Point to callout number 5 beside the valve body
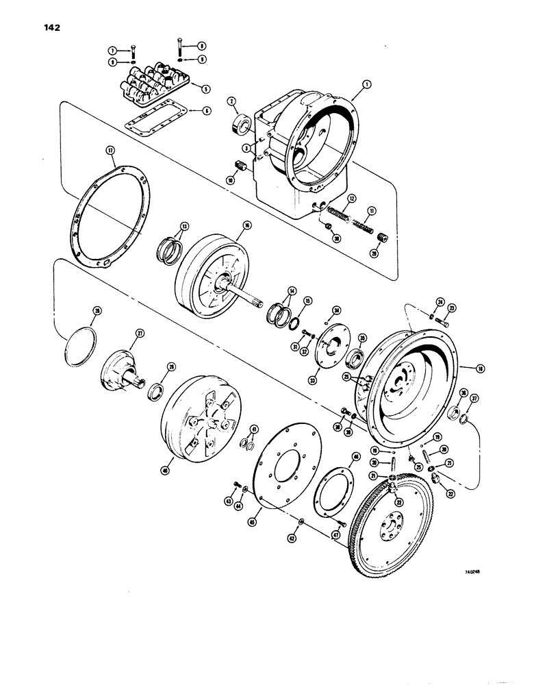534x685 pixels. pos(204,88)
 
